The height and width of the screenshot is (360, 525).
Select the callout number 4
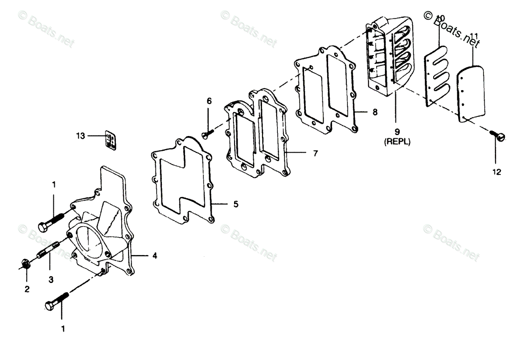(x=155, y=256)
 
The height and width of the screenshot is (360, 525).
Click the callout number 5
(x=235, y=204)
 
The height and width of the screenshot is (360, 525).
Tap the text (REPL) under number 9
(x=397, y=142)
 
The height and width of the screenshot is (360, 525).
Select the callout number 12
(x=497, y=172)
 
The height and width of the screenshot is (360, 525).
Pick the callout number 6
(x=209, y=101)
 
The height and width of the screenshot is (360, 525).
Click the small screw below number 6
(x=208, y=132)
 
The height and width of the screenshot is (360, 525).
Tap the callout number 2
(x=27, y=289)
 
